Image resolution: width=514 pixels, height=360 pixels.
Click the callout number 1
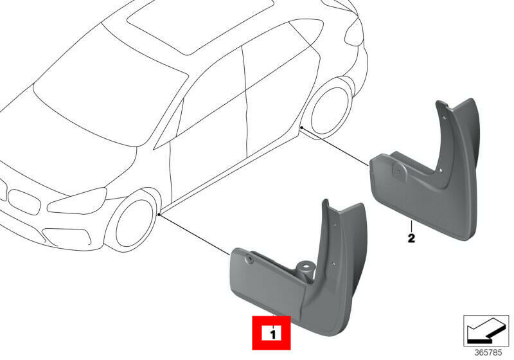[x=272, y=334]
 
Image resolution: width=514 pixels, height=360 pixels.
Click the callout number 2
[x=411, y=238]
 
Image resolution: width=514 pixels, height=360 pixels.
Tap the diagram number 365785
[x=488, y=352]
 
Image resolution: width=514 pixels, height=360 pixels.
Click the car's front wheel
[x=134, y=223]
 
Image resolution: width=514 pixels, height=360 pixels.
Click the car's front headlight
[x=77, y=201]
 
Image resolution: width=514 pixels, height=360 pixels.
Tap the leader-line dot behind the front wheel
[x=159, y=215]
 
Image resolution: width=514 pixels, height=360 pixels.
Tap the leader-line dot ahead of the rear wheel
[x=301, y=127]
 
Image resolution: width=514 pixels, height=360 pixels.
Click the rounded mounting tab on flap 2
[x=399, y=171]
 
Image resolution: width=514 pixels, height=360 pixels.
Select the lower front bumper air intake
[x=66, y=236]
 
